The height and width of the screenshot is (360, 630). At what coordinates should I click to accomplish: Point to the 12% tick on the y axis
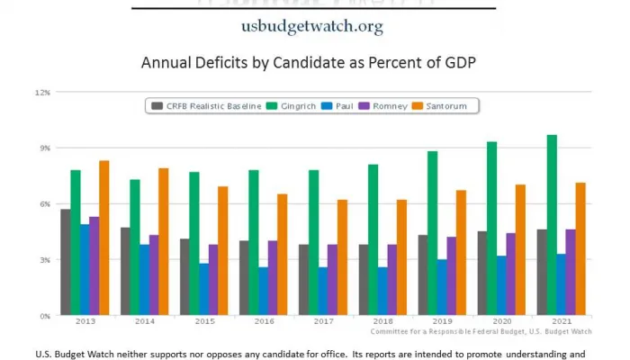pos(42,92)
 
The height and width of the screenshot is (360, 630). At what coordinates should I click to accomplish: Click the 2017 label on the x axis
pos(322,322)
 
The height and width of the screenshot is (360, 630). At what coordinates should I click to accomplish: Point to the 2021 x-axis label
pos(561,322)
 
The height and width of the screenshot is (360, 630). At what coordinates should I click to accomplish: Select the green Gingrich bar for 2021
pos(551,225)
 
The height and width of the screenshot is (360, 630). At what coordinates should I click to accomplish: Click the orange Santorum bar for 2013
pos(104,238)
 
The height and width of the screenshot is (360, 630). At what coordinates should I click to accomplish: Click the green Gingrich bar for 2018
pos(373,239)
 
